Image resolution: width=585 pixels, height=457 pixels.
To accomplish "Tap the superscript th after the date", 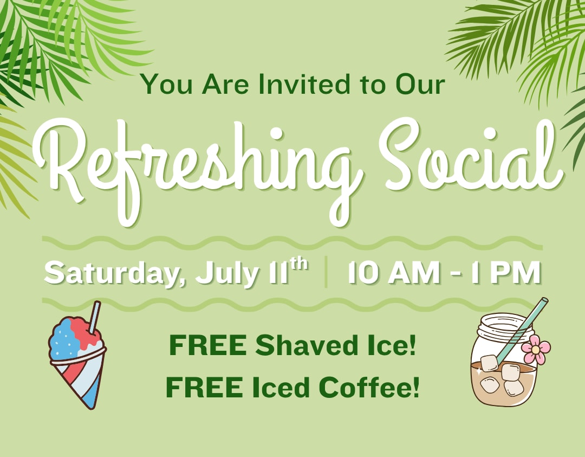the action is [x=299, y=263].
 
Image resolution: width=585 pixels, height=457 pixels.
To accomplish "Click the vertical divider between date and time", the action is [x=326, y=272].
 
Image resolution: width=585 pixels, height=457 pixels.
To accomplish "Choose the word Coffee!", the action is [x=369, y=387].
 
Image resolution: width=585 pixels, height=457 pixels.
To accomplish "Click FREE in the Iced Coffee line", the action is [x=204, y=387].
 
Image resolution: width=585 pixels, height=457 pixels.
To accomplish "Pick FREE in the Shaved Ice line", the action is [x=208, y=345].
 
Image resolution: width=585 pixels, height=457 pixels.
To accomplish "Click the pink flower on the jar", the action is [x=536, y=350].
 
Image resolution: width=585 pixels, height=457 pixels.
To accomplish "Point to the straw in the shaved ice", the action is [x=94, y=317].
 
